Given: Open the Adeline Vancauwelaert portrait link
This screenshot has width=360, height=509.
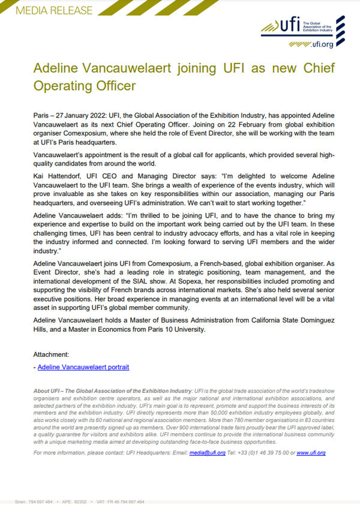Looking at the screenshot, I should pyautogui.click(x=83, y=366).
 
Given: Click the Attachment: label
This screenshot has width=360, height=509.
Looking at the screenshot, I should pyautogui.click(x=53, y=354).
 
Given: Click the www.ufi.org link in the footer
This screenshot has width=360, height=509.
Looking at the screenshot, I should pyautogui.click(x=311, y=453).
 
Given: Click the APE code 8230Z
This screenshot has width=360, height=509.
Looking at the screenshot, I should pyautogui.click(x=85, y=502).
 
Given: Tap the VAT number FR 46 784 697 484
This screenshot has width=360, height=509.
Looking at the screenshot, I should pyautogui.click(x=127, y=502).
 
